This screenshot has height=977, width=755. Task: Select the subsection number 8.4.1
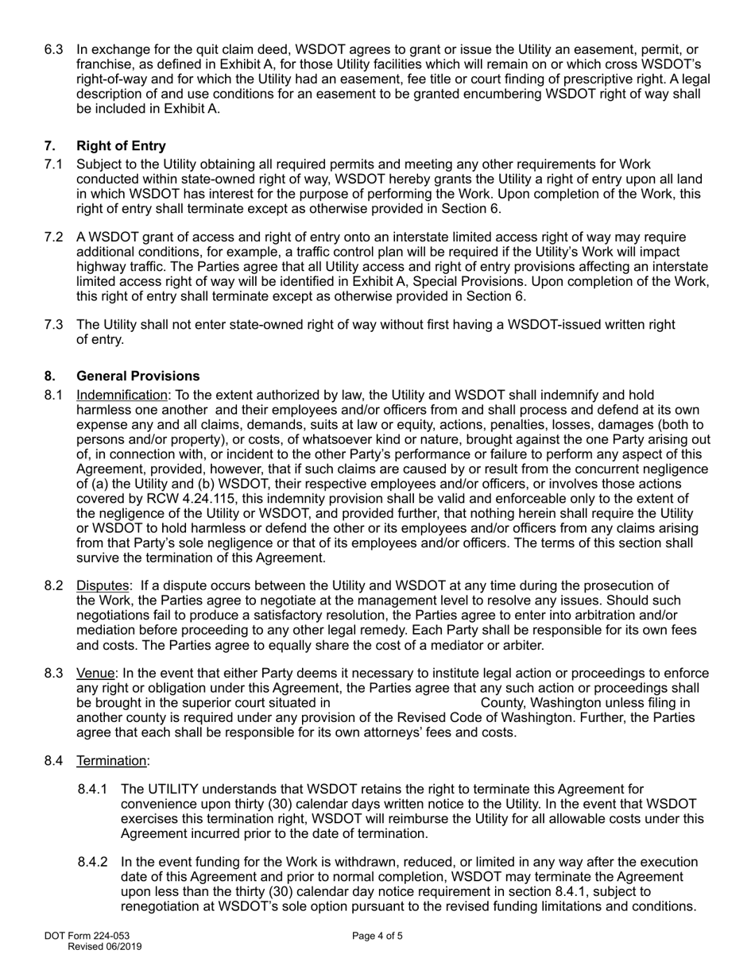tap(94, 790)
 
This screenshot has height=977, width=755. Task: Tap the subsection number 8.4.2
tap(94, 863)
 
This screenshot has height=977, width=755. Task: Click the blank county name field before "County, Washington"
tap(405, 703)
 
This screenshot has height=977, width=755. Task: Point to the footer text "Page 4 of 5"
tap(377, 936)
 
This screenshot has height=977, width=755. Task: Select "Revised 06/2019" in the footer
tap(105, 947)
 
